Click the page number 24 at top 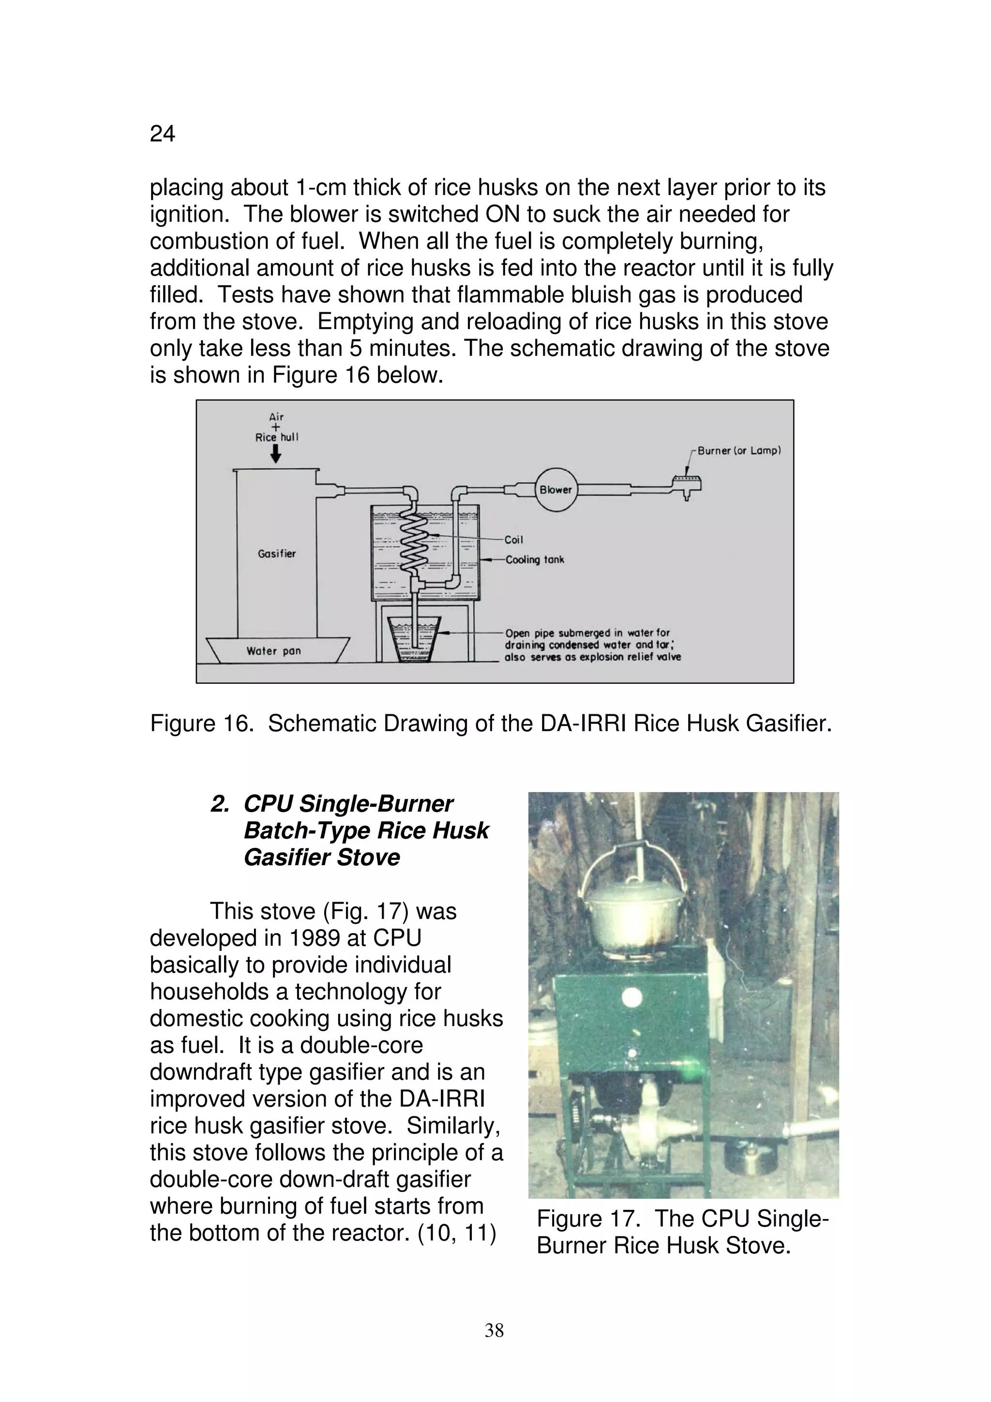163,134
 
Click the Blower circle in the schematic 556,489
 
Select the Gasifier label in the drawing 277,554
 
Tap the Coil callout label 513,540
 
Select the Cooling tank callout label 535,559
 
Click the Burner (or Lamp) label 739,451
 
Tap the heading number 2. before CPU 220,804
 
